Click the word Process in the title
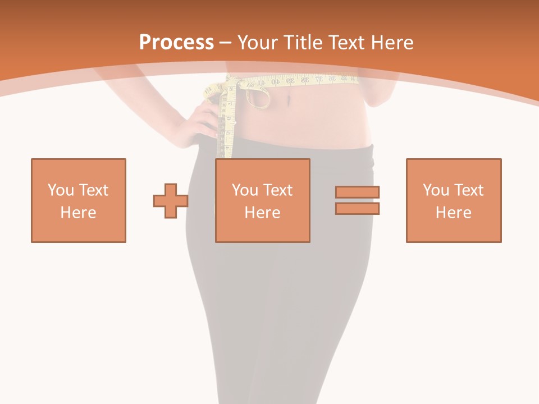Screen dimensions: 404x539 (176, 43)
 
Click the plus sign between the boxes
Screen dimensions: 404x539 (171, 200)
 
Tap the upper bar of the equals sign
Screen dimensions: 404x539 (358, 192)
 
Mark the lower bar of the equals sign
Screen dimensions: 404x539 (358, 209)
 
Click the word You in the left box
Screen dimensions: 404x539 (61, 190)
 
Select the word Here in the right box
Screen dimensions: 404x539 (454, 213)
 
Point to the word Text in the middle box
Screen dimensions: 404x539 (278, 190)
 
